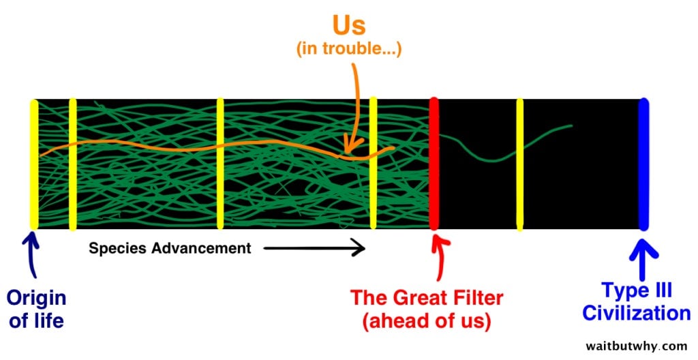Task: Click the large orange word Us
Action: (349, 25)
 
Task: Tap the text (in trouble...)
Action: (349, 48)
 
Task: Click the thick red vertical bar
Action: (434, 164)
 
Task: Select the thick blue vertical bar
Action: (643, 164)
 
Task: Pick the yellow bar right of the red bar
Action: (519, 164)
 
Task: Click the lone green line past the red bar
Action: (505, 143)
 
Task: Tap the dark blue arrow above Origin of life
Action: (33, 256)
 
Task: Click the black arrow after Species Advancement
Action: (314, 247)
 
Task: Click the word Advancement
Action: (201, 247)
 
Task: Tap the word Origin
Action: (37, 299)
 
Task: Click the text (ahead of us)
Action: (427, 321)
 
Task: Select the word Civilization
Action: (637, 313)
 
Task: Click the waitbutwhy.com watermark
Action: (637, 346)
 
